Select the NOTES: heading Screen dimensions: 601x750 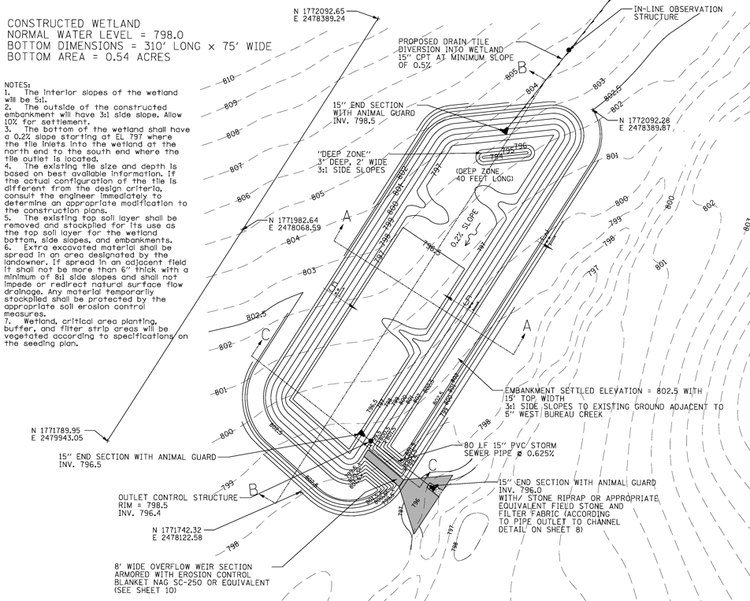17,84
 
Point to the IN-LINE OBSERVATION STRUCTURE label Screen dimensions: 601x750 678,13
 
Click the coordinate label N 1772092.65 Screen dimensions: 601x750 318,10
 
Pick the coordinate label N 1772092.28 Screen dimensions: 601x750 650,121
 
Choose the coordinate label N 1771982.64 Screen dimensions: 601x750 295,221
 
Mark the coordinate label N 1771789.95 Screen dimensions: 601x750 58,430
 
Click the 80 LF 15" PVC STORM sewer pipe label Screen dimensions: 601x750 516,446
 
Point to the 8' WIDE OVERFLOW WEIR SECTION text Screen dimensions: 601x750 184,566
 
